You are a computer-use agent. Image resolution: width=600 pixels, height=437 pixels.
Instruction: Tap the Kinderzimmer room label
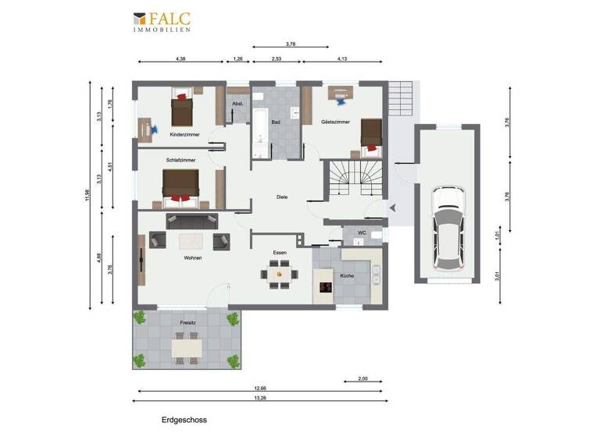point(184,135)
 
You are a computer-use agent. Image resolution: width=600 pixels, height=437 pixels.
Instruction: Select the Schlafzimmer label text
point(180,160)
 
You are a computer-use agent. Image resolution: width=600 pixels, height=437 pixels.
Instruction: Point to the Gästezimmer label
point(336,123)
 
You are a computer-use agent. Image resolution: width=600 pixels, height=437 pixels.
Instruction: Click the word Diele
point(282,197)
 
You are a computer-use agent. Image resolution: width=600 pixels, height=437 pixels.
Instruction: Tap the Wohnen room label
point(193,258)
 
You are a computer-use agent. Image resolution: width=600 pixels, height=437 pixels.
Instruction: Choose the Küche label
point(347,276)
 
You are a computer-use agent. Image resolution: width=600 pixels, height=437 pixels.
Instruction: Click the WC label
point(362,233)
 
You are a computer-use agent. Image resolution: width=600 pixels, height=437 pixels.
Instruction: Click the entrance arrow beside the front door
point(393,207)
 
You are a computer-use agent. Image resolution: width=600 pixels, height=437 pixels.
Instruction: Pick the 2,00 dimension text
point(362,378)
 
